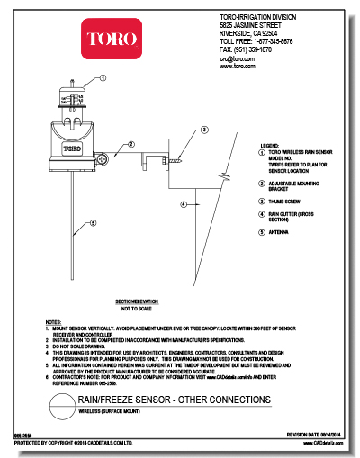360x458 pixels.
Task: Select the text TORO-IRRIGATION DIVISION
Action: pyautogui.click(x=258, y=18)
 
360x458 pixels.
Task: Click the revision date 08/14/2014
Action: pyautogui.click(x=324, y=434)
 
